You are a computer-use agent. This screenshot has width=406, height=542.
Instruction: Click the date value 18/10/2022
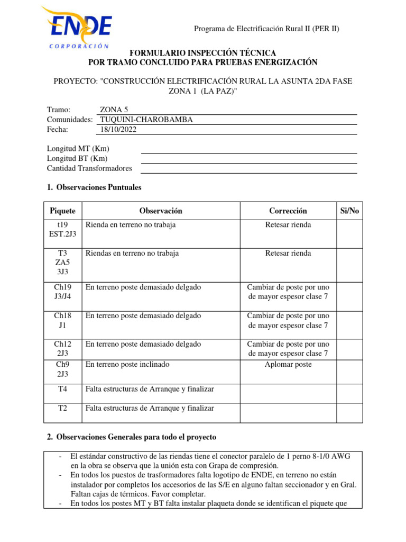click(118, 129)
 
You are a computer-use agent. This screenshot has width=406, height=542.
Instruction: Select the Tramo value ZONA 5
click(114, 110)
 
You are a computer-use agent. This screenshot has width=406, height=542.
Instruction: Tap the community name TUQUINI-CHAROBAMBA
click(146, 120)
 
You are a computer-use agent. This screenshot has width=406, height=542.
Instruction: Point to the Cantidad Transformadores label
click(89, 168)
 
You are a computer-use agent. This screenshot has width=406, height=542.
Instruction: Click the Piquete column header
click(62, 211)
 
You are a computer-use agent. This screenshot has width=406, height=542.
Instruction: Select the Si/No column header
click(349, 211)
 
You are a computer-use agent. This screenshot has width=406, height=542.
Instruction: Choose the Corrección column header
click(288, 211)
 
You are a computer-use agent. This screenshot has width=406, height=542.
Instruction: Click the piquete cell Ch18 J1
click(62, 320)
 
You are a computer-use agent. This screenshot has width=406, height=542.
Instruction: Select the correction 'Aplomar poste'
click(288, 365)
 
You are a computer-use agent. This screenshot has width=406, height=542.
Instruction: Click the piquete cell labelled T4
click(62, 389)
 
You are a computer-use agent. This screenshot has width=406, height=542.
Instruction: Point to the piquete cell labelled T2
click(62, 408)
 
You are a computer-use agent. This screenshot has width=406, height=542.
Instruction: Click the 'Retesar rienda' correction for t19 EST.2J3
click(288, 225)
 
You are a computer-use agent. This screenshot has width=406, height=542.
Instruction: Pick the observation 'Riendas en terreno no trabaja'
click(132, 254)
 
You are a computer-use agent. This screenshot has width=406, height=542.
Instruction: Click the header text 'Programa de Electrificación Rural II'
click(266, 29)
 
